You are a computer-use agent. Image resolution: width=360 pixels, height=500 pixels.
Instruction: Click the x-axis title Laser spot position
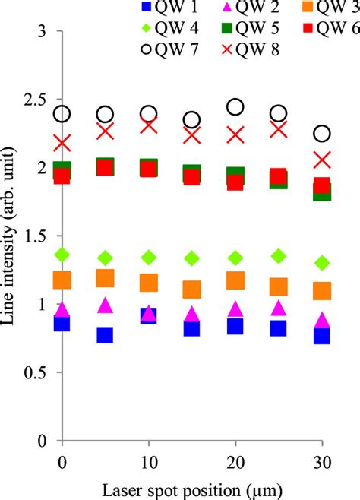[192, 489]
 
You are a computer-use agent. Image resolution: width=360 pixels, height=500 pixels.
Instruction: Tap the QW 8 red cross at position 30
[322, 160]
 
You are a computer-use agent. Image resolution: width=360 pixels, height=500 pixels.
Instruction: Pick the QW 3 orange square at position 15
[191, 290]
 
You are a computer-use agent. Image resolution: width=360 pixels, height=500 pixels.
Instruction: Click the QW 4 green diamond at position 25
[279, 255]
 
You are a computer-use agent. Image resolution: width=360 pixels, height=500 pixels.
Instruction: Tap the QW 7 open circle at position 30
[322, 133]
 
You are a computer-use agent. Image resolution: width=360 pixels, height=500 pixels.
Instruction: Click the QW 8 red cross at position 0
[62, 143]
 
